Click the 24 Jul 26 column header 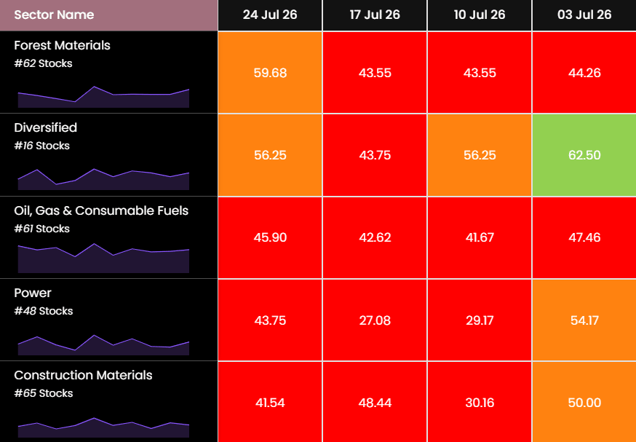(270, 15)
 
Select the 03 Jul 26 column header (584, 15)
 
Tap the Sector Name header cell (108, 15)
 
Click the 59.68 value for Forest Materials (270, 73)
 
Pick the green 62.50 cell (584, 155)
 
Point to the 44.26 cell (584, 73)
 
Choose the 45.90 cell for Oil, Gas (270, 237)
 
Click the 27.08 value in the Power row (375, 320)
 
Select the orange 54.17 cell (584, 320)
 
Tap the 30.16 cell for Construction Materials (480, 403)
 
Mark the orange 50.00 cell (584, 403)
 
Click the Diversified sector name (45, 127)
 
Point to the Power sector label (33, 293)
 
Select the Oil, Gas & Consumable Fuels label (101, 210)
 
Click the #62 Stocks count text (43, 64)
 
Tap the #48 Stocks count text (44, 312)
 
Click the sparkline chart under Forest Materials (103, 98)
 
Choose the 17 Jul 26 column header (375, 15)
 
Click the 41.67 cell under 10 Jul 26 (480, 237)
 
